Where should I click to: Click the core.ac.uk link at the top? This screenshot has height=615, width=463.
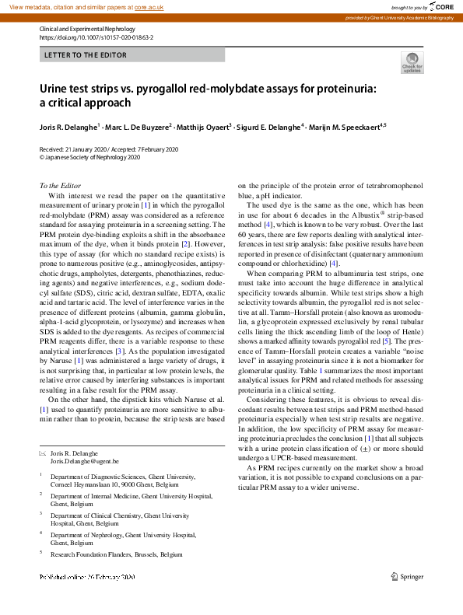click(149, 6)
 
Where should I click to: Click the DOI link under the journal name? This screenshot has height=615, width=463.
click(96, 37)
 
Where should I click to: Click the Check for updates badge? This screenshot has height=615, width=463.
click(412, 62)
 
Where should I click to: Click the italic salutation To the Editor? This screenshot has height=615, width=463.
click(60, 185)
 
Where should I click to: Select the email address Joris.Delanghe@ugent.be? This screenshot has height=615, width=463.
click(85, 461)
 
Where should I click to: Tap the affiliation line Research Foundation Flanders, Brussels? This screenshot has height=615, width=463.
click(117, 554)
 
